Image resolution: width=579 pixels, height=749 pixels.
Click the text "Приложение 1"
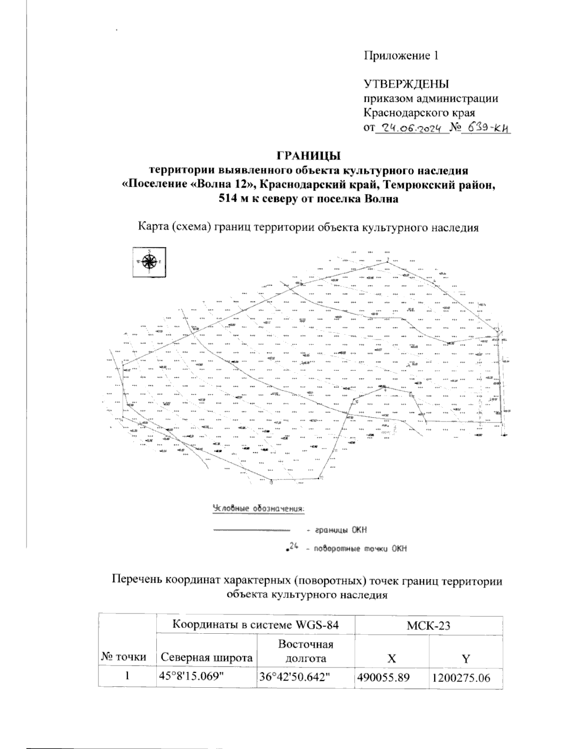[401, 55]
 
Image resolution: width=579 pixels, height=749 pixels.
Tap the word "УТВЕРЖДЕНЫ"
[406, 84]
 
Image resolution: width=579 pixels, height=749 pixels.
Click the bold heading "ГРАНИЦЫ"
[308, 156]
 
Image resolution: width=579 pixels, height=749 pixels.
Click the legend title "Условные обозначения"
[259, 508]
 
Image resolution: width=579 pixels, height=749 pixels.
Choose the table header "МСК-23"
[428, 625]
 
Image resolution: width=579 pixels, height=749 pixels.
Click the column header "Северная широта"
[207, 658]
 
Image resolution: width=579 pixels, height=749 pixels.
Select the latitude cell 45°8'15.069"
[192, 677]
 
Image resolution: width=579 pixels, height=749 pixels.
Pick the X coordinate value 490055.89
[383, 677]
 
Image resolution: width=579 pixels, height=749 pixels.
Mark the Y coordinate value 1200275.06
[461, 677]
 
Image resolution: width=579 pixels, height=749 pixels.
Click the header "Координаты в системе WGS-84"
[255, 625]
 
